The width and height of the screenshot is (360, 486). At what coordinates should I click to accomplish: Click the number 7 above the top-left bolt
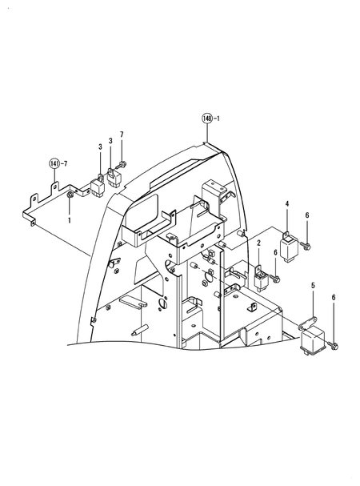pyautogui.click(x=122, y=134)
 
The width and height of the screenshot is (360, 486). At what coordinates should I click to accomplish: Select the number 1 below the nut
pyautogui.click(x=70, y=219)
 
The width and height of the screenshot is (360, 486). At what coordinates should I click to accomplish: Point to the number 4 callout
pyautogui.click(x=287, y=206)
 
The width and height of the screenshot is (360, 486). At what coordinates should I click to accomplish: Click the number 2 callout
pyautogui.click(x=258, y=242)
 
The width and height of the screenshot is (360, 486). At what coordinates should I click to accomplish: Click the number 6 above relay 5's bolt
pyautogui.click(x=334, y=298)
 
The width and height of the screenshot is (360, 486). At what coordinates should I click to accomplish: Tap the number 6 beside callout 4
pyautogui.click(x=307, y=216)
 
